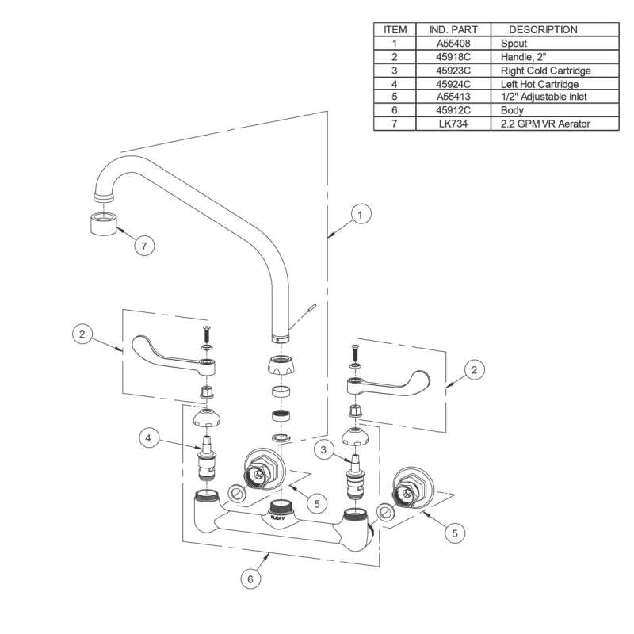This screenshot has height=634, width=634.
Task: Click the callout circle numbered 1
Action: click(360, 214)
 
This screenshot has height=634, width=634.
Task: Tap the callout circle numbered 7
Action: click(143, 246)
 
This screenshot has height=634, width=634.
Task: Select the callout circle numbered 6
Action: click(250, 579)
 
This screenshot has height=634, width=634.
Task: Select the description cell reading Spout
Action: click(514, 43)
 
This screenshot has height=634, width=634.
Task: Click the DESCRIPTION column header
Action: click(542, 29)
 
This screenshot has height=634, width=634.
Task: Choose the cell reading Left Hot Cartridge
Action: click(539, 83)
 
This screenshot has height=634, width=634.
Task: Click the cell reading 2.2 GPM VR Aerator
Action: click(546, 124)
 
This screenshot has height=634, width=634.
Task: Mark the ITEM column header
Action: click(395, 29)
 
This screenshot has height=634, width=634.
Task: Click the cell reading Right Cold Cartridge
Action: click(545, 70)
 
